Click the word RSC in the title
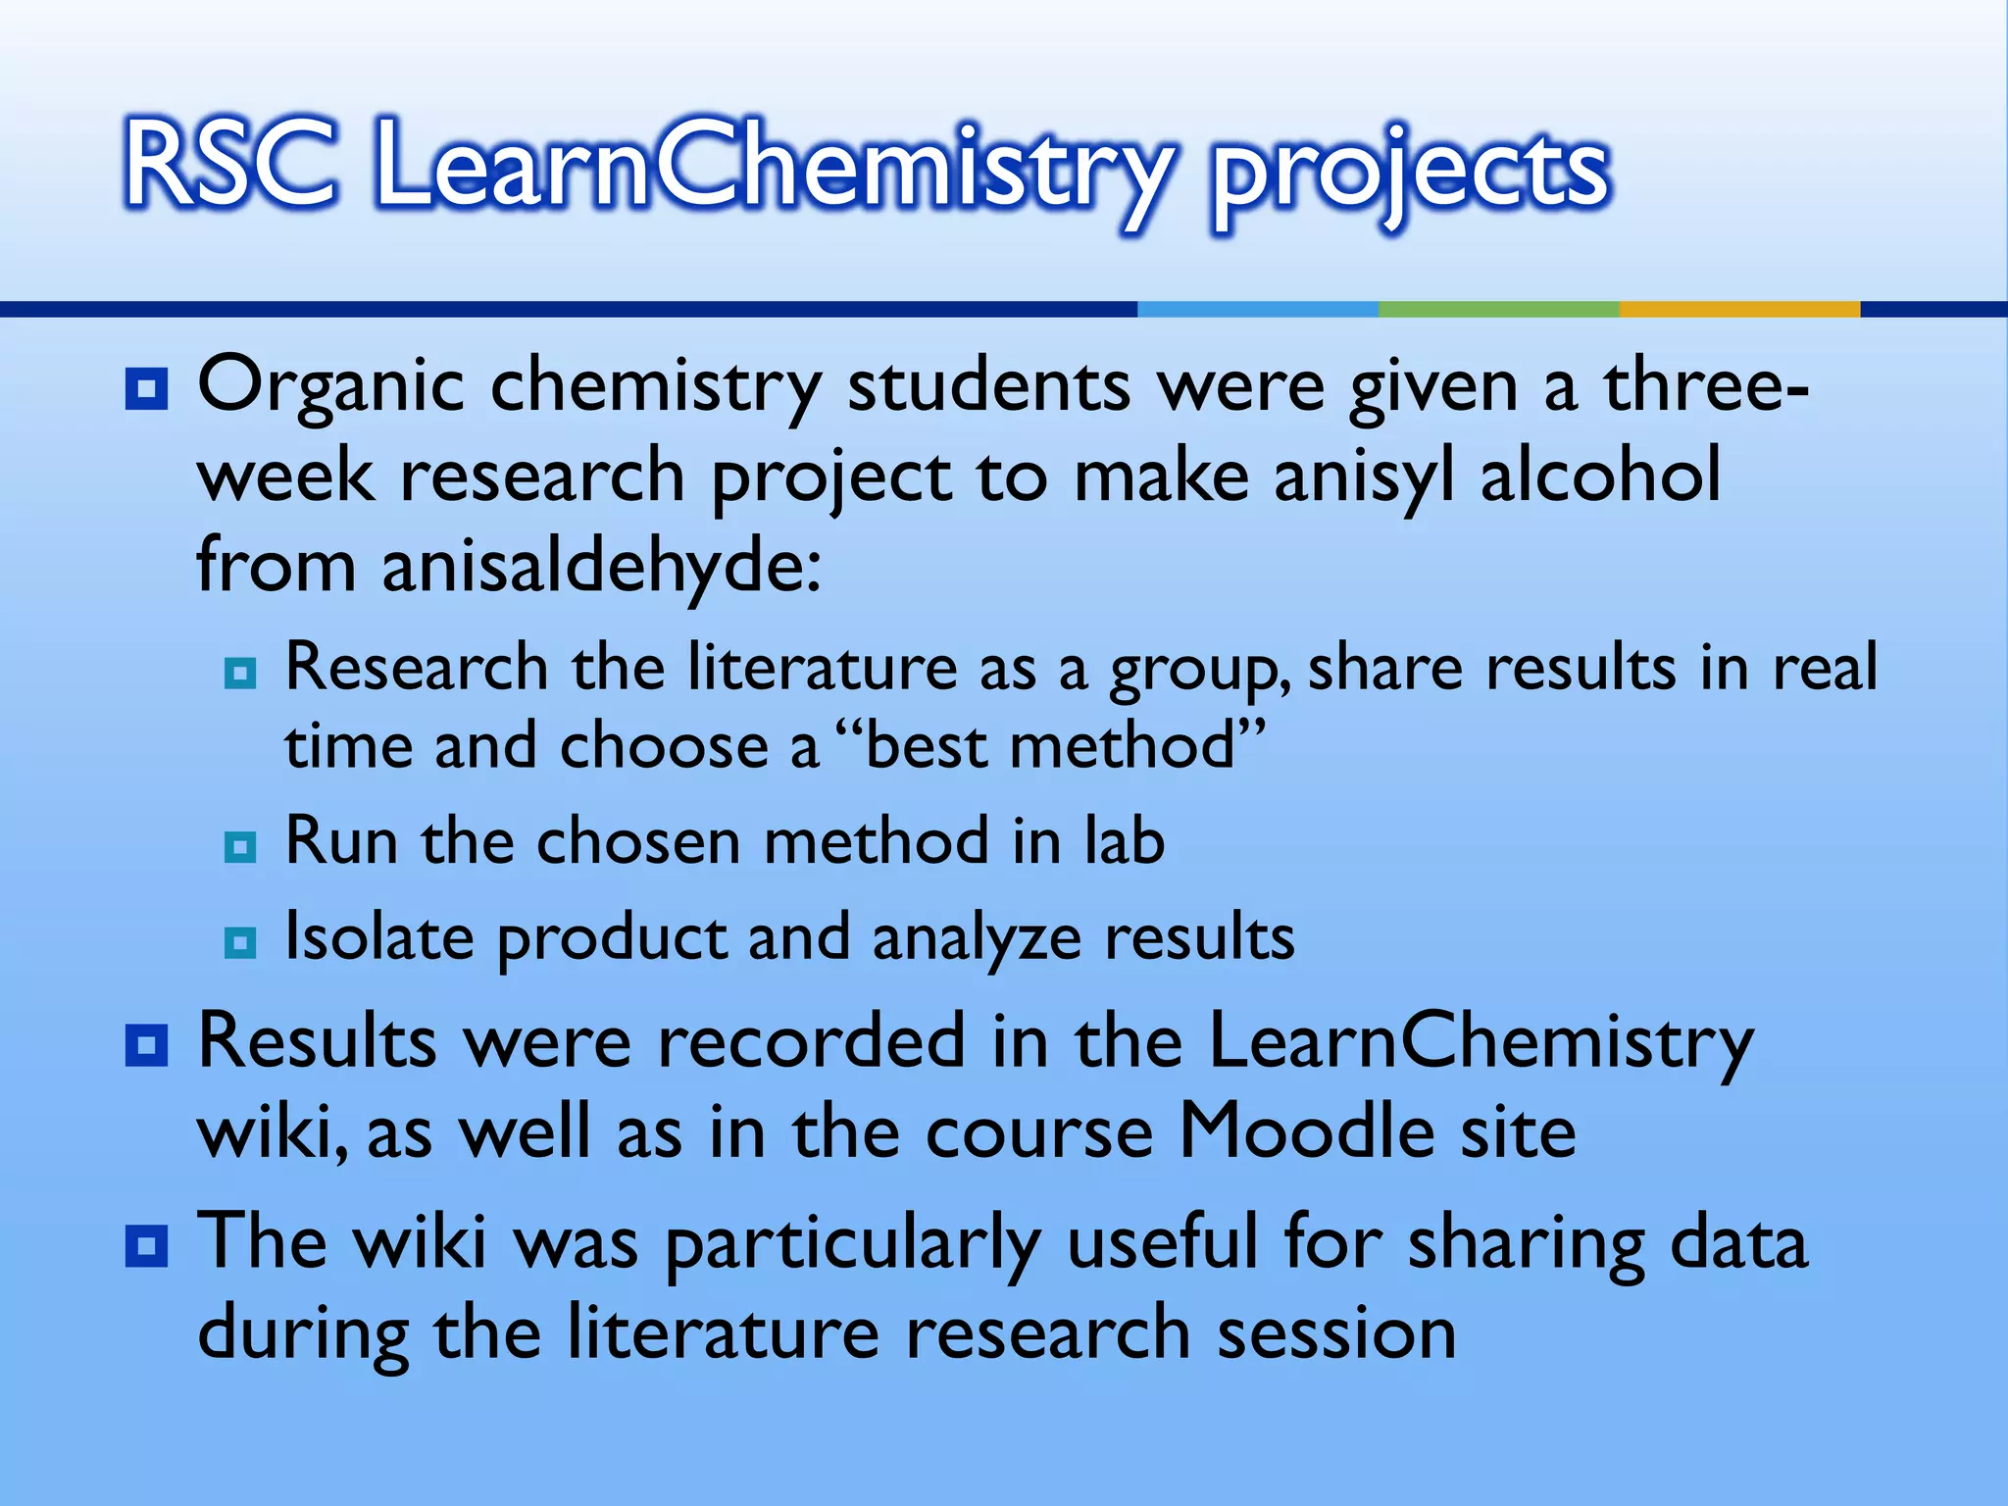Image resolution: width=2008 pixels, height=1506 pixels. tap(231, 164)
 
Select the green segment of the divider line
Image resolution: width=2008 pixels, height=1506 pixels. tap(1498, 309)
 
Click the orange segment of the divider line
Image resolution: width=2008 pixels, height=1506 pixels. tap(1738, 309)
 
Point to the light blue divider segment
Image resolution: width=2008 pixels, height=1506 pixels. tap(1258, 309)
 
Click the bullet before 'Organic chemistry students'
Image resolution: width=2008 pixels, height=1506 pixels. tap(147, 389)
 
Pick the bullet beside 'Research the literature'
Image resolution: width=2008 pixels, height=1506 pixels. tap(240, 674)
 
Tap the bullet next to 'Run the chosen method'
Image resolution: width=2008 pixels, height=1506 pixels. tap(240, 846)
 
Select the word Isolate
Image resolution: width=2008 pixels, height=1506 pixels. tap(378, 936)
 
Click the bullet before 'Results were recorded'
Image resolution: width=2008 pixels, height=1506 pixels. tap(147, 1046)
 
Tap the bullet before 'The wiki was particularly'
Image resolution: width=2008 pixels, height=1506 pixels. tap(147, 1247)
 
